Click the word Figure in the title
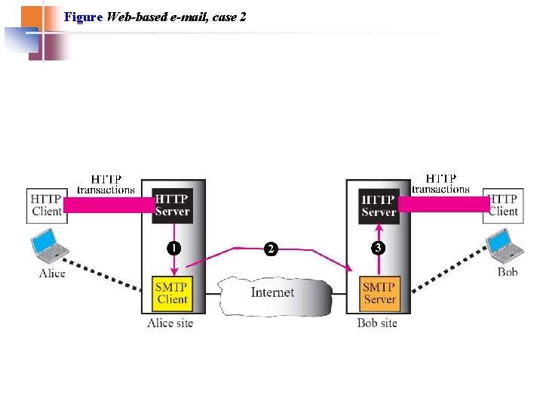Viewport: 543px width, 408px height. pyautogui.click(x=84, y=16)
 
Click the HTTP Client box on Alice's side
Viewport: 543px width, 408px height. pyautogui.click(x=46, y=205)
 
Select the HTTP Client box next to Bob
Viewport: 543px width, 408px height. pyautogui.click(x=502, y=205)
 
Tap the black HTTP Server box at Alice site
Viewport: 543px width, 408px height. pyautogui.click(x=172, y=205)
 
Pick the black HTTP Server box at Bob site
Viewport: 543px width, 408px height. pyautogui.click(x=378, y=206)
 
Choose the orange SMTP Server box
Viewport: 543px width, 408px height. pyautogui.click(x=379, y=293)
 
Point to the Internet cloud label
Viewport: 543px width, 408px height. pyautogui.click(x=272, y=292)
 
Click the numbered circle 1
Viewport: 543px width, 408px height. pyautogui.click(x=173, y=248)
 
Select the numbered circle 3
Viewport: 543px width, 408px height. pyautogui.click(x=378, y=248)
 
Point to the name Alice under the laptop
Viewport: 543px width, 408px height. pyautogui.click(x=52, y=273)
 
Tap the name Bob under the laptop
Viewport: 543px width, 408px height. pyautogui.click(x=508, y=272)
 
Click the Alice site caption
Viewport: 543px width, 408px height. pyautogui.click(x=170, y=323)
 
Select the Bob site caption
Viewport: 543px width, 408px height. pyautogui.click(x=377, y=323)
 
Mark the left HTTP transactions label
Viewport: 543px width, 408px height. pyautogui.click(x=106, y=184)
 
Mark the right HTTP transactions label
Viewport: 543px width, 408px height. pyautogui.click(x=441, y=184)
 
